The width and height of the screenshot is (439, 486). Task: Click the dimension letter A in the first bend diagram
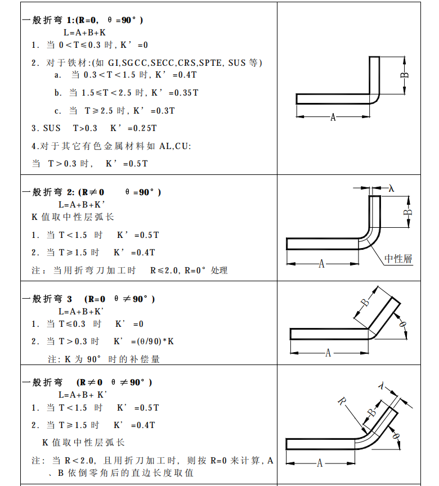click(x=333, y=117)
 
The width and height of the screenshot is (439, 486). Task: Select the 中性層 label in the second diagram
click(x=398, y=259)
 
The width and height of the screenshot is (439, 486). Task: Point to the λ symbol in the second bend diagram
click(x=392, y=188)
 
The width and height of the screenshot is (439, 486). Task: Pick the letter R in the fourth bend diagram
click(x=342, y=401)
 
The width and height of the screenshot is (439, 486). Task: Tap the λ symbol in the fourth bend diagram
click(x=382, y=386)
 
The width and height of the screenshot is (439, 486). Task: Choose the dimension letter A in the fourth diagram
click(x=320, y=463)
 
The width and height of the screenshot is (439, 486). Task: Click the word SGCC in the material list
click(x=135, y=62)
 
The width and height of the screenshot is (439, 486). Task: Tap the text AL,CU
click(x=176, y=146)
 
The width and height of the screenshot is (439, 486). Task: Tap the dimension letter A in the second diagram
click(x=321, y=263)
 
